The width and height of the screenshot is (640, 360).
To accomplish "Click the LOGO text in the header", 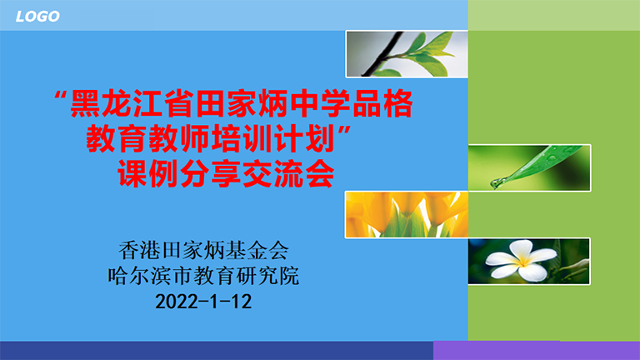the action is (x=37, y=17).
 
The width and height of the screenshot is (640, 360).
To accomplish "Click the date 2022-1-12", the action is (x=203, y=302).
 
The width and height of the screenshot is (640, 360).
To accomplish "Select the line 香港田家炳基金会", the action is (x=203, y=250).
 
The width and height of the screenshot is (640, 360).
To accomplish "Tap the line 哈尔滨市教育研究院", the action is (x=203, y=276).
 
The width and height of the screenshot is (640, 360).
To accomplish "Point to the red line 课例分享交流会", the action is (x=227, y=174).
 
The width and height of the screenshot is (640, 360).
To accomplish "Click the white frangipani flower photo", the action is (x=529, y=261).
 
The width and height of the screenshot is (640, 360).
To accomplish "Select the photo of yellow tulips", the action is (x=407, y=214).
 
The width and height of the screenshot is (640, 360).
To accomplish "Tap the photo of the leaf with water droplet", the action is (x=529, y=167).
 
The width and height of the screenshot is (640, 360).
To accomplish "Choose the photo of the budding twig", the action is (x=407, y=54).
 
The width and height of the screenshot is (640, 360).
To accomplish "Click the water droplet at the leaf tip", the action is (x=497, y=183).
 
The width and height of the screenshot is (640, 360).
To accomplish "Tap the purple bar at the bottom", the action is (x=537, y=351).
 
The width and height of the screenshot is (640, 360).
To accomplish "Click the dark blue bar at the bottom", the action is (x=217, y=351).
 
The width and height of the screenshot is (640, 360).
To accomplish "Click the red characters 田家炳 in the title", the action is (x=242, y=103).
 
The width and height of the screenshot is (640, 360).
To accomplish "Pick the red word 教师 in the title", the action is (x=179, y=139).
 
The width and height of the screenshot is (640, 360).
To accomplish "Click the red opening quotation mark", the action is (x=60, y=97).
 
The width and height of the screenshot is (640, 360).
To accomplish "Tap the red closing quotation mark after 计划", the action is (x=344, y=132).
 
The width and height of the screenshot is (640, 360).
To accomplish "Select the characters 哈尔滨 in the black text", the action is (x=140, y=276).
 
